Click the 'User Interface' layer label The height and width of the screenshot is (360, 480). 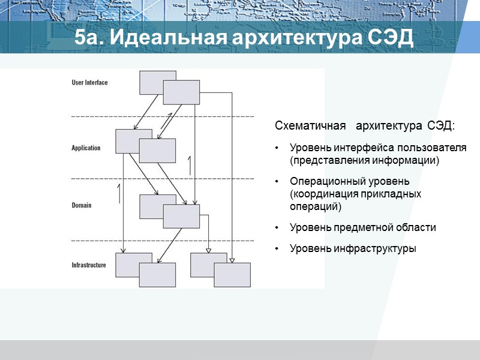pos(89,82)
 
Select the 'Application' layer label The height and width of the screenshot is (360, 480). pos(86,148)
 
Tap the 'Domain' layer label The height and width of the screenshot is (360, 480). pos(81,205)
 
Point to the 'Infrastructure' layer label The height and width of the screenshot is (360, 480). pos(89,265)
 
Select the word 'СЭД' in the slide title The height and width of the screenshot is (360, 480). pos(388,38)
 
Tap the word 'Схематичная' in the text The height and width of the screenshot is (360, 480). pos(310,126)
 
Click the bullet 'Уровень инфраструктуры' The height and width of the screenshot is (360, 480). pos(353,248)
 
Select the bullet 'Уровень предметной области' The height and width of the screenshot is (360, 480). pos(362,228)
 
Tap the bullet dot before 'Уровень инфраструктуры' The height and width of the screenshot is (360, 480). pos(277,248)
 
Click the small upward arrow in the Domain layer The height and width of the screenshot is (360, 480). pos(119,193)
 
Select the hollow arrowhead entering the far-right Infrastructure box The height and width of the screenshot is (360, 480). pos(232,260)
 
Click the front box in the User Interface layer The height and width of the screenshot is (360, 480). pos(181,92)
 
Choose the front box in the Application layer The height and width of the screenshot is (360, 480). pos(157,151)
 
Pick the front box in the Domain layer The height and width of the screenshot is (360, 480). pos(181,216)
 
